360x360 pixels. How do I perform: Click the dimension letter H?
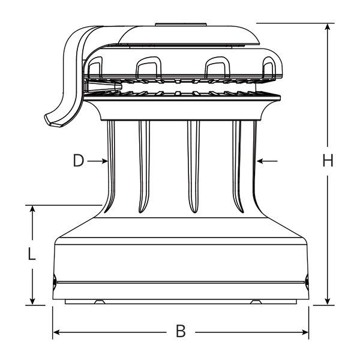tap(328, 160)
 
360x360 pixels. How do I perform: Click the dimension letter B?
tap(181, 331)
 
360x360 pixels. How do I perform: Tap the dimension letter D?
tap(79, 161)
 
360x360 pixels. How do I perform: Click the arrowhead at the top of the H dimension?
tap(328, 26)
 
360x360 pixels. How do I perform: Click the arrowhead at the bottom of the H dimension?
tap(328, 301)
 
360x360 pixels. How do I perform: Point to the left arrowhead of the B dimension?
tap(56, 332)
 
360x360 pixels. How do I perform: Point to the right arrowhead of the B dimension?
tap(305, 332)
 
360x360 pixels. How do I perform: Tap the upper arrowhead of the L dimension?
tap(32, 209)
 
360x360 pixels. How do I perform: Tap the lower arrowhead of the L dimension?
tap(32, 301)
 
